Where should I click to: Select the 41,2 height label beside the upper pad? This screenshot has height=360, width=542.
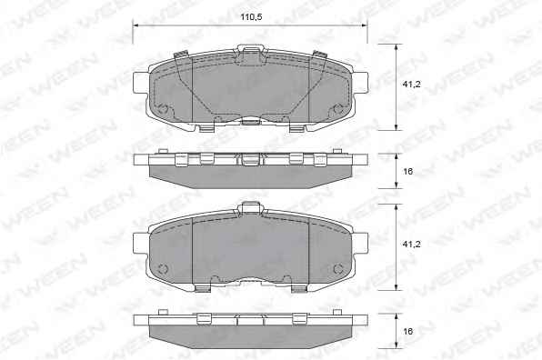tap(411, 84)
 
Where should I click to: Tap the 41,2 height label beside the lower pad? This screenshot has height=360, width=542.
tap(411, 244)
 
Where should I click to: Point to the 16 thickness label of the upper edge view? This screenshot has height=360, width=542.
tap(408, 171)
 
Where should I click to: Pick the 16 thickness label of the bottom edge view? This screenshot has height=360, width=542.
tap(408, 331)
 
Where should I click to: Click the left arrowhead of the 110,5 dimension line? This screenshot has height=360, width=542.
tap(135, 25)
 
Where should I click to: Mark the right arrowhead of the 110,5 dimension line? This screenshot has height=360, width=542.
tap(364, 25)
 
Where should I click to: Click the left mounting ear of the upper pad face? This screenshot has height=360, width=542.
tap(141, 82)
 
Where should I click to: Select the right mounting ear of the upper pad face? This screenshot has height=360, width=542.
tap(360, 82)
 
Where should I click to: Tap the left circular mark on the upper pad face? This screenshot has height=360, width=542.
tap(163, 109)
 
